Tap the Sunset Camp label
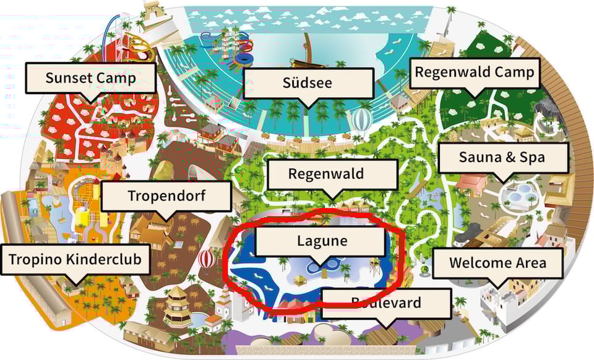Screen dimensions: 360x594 point(90,78)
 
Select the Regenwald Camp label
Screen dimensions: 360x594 point(474,72)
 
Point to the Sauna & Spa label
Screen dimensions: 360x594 point(502,157)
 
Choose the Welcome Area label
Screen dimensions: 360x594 point(497,262)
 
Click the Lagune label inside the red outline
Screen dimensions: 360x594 point(321,241)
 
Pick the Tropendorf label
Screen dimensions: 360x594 point(166,196)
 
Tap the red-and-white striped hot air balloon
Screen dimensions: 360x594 point(207,259)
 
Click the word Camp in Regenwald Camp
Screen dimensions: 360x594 point(513,72)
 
